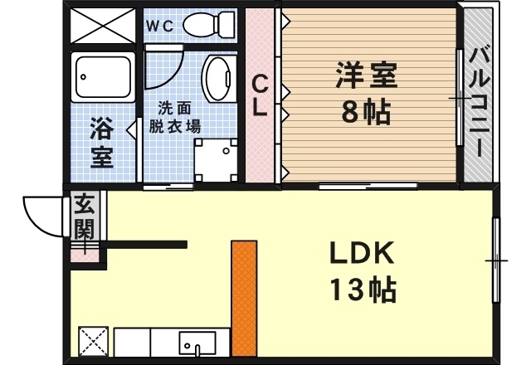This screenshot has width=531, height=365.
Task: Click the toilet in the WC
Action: click(209, 24)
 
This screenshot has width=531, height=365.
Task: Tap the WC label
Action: click(160, 26)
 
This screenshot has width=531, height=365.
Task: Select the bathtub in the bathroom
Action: click(103, 77)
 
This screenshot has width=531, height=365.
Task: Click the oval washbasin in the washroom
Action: click(216, 79)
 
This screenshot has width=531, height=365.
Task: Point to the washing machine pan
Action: click(216, 160)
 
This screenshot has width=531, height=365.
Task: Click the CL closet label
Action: click(260, 95)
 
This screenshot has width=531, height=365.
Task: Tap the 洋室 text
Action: click(367, 75)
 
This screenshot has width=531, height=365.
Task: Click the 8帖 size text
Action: click(367, 113)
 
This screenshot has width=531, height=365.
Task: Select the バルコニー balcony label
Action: click(480, 102)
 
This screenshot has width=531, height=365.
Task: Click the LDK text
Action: click(362, 253)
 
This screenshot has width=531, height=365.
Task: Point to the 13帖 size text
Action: click(363, 290)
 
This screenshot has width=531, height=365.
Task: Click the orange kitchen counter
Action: click(244, 299)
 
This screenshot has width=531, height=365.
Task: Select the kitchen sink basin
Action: click(197, 343)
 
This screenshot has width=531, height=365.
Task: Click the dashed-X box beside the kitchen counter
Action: click(94, 341)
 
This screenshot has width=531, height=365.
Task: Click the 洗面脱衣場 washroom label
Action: click(175, 118)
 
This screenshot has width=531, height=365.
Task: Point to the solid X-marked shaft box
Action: click(103, 26)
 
